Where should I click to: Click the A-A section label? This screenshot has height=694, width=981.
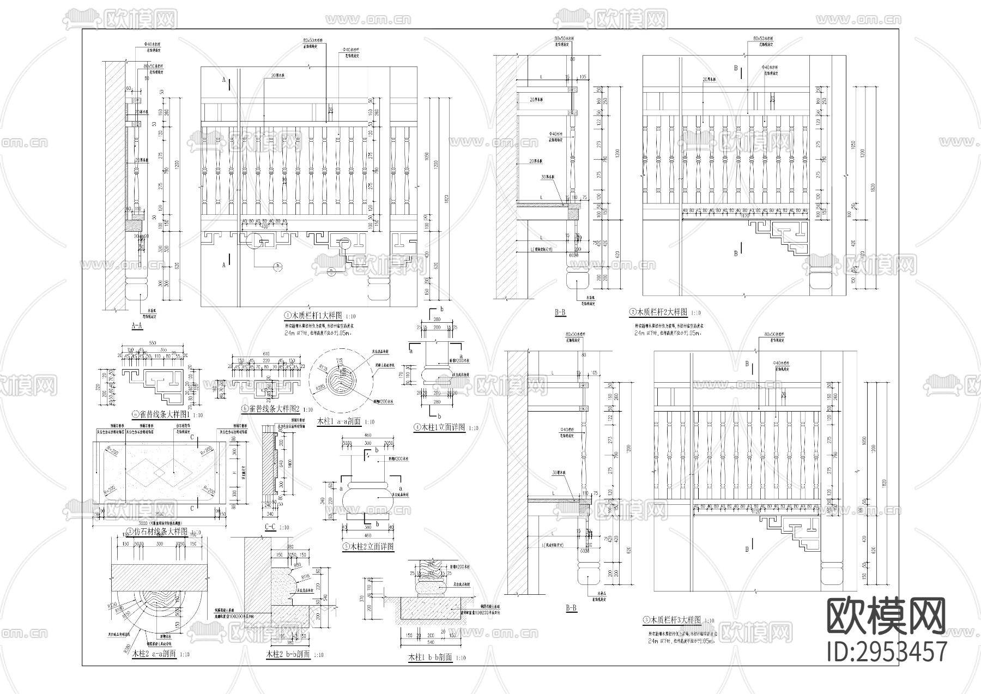point(137,326)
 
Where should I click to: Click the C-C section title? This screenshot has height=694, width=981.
point(271,527)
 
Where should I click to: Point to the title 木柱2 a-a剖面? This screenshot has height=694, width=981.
point(154,654)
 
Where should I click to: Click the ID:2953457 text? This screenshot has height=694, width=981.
point(887,650)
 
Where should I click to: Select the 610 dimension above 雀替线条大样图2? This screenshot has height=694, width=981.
point(267,354)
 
